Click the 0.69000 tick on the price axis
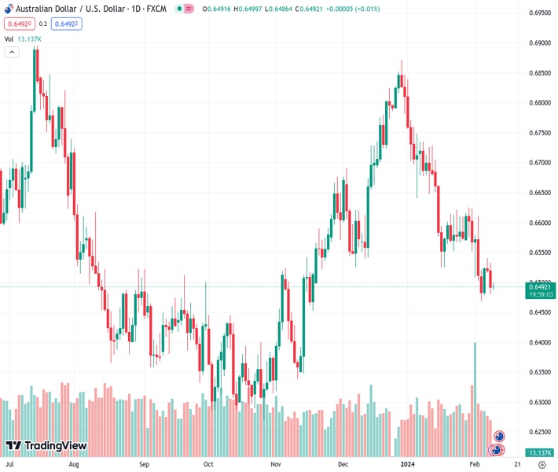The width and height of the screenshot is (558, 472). pos(539,43)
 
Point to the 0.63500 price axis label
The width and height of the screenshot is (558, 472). pos(539,372)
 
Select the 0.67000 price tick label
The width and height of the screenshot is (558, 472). pos(539,163)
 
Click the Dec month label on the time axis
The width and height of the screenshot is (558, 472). pos(343,464)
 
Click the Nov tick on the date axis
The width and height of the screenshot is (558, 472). pos(276,464)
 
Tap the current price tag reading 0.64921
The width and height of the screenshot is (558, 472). pos(541,286)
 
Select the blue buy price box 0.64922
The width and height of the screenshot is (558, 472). pos(68,24)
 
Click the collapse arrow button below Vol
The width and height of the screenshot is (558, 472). pos(12,52)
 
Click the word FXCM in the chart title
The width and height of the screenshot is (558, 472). pos(156,9)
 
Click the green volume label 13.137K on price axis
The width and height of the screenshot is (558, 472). pos(540,452)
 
